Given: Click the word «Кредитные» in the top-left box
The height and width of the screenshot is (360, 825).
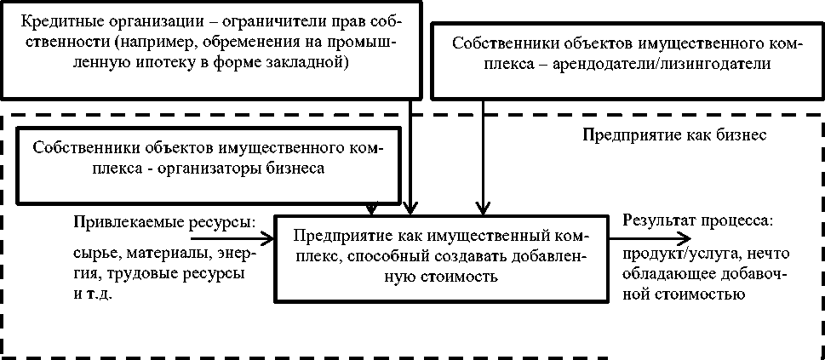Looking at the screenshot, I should click(x=52, y=21).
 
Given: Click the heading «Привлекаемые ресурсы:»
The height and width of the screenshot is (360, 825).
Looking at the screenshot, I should click(x=163, y=223).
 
